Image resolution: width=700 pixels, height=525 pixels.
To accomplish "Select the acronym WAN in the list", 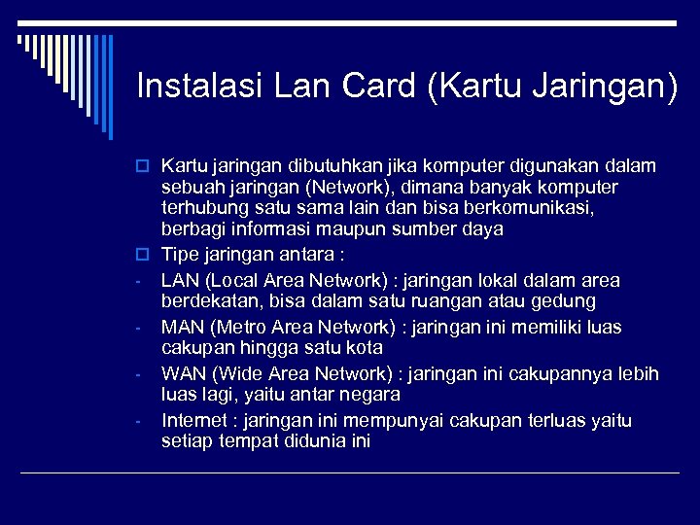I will pyautogui.click(x=182, y=374).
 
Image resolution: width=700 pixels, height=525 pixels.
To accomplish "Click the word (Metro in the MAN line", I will pyautogui.click(x=232, y=328).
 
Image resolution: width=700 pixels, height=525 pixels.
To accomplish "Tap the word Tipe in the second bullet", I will pyautogui.click(x=178, y=254).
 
